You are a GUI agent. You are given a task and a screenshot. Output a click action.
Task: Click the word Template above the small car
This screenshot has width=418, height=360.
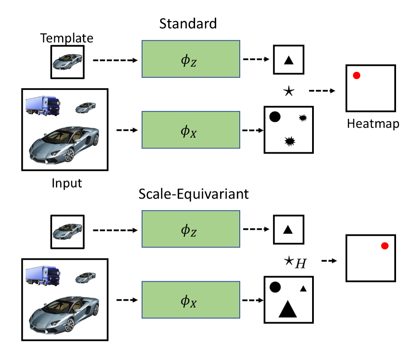click(x=67, y=38)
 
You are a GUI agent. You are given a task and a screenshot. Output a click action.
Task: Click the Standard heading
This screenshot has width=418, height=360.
click(x=188, y=23)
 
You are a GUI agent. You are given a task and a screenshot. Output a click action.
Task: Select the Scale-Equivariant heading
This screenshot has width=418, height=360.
click(x=193, y=194)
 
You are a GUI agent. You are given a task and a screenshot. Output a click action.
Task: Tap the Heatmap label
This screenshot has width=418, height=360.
click(x=373, y=124)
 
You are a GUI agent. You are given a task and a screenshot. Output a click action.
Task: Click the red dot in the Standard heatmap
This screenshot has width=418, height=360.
click(x=356, y=76)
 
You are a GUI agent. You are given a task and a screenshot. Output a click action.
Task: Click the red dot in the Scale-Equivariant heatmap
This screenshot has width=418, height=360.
click(x=385, y=246)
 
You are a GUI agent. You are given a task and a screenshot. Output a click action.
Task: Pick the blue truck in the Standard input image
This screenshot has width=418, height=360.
click(x=43, y=106)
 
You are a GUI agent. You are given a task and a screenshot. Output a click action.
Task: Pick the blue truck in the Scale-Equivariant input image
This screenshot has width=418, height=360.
click(x=43, y=276)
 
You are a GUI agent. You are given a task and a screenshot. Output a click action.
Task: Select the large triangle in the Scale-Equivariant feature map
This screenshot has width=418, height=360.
click(x=288, y=309)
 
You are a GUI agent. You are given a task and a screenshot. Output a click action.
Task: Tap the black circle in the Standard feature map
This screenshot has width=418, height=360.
click(x=275, y=116)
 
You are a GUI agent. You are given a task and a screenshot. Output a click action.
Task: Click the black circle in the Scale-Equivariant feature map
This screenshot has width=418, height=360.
click(x=275, y=287)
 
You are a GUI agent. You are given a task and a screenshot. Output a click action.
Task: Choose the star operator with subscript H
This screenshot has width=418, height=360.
click(x=294, y=261)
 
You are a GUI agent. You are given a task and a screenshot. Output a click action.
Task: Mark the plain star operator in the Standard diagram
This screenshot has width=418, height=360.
click(x=288, y=91)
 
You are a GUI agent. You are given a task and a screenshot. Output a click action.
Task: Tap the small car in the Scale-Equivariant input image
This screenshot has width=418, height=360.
click(x=85, y=278)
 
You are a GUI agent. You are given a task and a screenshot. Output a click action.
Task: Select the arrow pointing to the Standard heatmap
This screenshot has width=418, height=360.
click(x=323, y=91)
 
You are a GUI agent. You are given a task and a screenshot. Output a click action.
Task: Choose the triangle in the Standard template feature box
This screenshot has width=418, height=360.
click(x=289, y=60)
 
